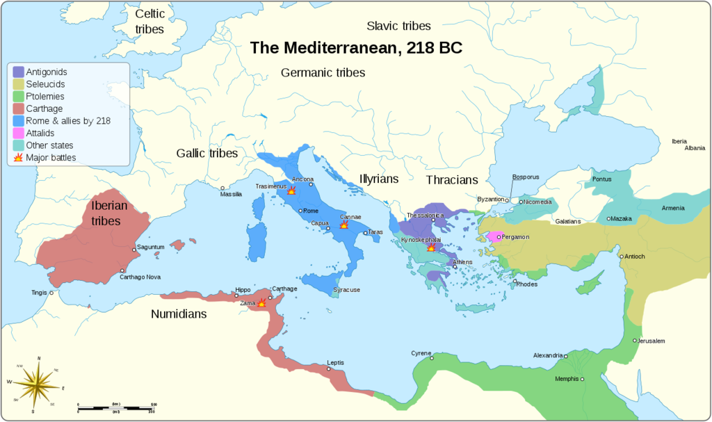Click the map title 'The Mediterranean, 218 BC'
355,48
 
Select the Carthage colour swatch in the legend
18,108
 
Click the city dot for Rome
300,211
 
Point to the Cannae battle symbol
343,225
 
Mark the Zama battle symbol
261,302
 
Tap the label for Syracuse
346,290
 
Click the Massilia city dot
222,188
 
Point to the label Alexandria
548,355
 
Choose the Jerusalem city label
652,341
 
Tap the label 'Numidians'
179,314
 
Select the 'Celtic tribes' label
149,22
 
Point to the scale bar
116,406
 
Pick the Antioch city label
635,257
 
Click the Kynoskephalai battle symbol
431,247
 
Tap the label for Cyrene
421,352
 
